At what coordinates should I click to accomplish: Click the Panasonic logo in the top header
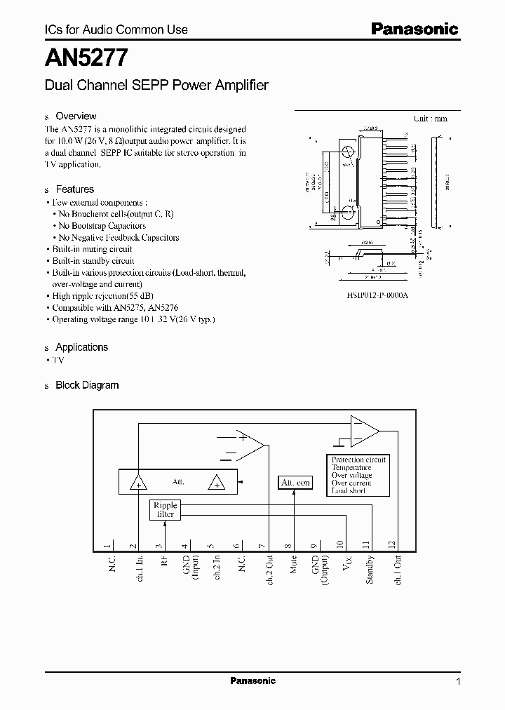click(414, 29)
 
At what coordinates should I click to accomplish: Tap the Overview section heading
click(76, 116)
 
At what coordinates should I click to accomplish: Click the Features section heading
click(74, 189)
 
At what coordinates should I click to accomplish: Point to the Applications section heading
click(81, 347)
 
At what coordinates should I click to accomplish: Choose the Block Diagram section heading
click(87, 385)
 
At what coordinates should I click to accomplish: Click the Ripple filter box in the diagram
click(166, 509)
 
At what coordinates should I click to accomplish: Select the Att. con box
click(295, 483)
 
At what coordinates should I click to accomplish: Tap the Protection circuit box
click(358, 475)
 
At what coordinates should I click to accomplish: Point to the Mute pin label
click(293, 565)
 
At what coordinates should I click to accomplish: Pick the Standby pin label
click(370, 570)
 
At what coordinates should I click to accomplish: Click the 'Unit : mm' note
click(430, 119)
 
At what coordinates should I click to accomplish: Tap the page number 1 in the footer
click(458, 681)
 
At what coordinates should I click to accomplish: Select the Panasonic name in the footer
click(252, 681)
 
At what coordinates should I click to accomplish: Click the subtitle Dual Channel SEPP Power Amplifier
click(156, 86)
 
